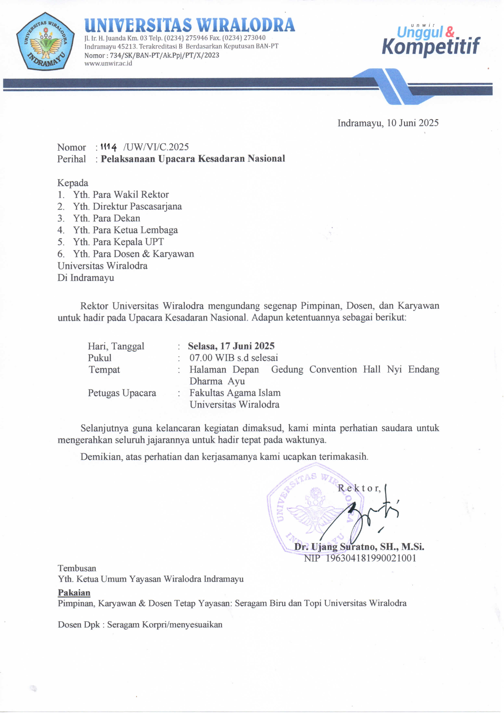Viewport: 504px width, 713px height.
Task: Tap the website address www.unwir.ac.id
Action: (108, 63)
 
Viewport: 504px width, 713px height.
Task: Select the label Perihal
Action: (71, 159)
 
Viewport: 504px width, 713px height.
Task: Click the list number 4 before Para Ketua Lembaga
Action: (61, 230)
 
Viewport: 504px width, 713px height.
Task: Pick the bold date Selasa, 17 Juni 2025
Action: (231, 346)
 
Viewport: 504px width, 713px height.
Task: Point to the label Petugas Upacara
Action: (122, 393)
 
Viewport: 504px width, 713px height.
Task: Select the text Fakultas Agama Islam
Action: (235, 393)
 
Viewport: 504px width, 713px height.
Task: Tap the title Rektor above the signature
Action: (359, 488)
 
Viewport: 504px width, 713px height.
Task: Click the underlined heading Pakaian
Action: (74, 593)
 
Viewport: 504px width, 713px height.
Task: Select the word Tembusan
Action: (77, 568)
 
